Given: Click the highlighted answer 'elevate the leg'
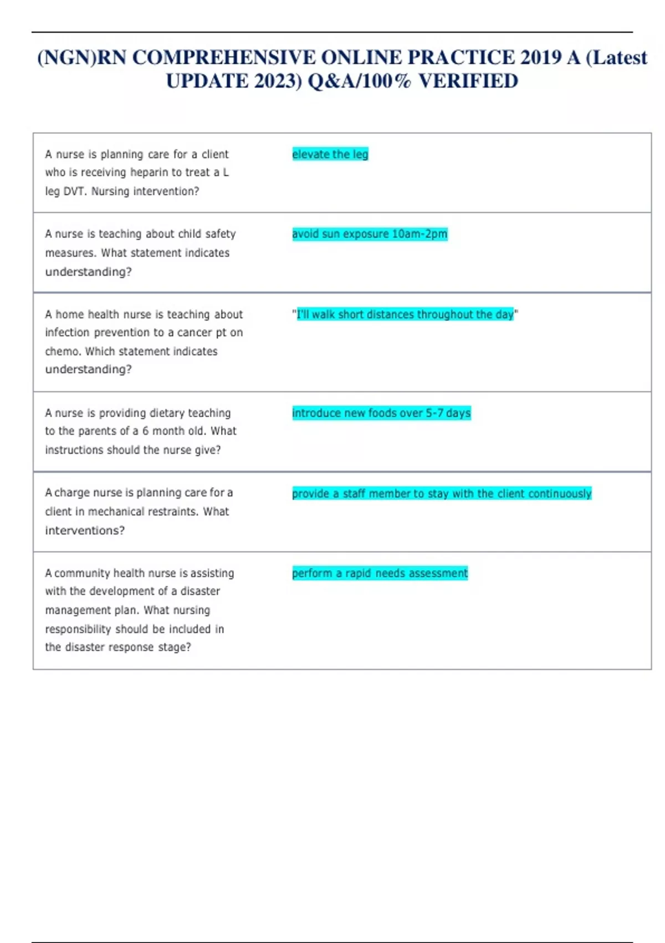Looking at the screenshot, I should [330, 154].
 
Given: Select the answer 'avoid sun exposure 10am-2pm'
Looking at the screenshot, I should [370, 234].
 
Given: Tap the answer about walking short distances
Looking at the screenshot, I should [405, 315].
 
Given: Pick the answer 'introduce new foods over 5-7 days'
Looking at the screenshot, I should [381, 413].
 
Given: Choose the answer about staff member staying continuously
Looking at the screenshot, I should [442, 494].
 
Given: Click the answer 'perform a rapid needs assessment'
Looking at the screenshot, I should [380, 573].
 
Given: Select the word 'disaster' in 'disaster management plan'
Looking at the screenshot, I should [200, 591].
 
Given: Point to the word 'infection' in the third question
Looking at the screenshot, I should [67, 333].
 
